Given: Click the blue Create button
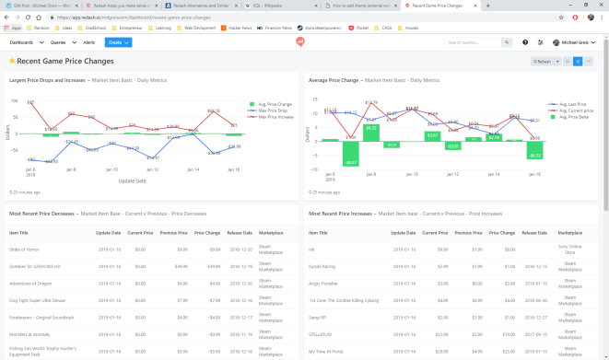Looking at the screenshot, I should pyautogui.click(x=118, y=42).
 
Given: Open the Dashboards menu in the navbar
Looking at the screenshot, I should pyautogui.click(x=26, y=42).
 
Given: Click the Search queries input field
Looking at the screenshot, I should pyautogui.click(x=474, y=42).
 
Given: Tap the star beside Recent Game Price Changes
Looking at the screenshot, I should pyautogui.click(x=11, y=61).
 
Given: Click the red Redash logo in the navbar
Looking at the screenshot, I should pyautogui.click(x=300, y=42).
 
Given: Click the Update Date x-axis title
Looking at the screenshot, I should pyautogui.click(x=132, y=180).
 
